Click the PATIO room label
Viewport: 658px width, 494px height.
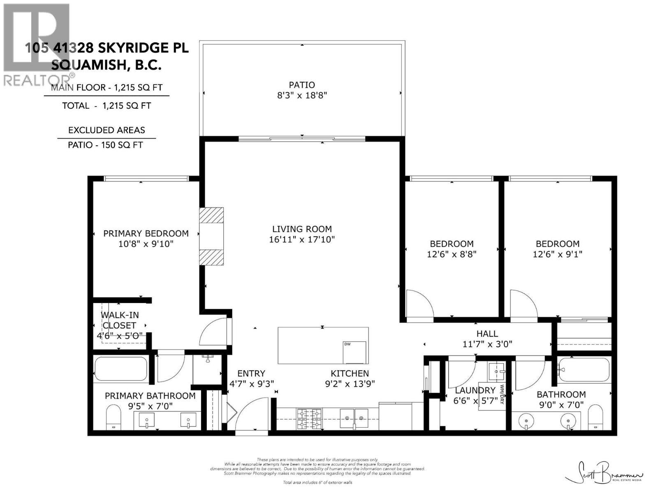(302, 85)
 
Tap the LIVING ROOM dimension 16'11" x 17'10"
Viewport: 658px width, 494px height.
(302, 240)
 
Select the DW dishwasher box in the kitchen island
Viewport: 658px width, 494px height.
(354, 352)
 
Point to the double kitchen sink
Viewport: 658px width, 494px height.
(354, 418)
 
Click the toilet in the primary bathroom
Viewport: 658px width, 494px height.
(112, 417)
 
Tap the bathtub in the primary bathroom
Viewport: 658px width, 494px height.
(120, 369)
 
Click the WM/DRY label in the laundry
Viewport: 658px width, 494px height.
(502, 394)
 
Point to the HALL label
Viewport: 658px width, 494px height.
(487, 333)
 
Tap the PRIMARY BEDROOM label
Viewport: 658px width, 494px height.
(146, 233)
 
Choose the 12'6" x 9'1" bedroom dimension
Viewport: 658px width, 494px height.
(557, 254)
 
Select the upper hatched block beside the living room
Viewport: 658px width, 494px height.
(211, 215)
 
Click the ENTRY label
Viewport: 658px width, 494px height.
(251, 373)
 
